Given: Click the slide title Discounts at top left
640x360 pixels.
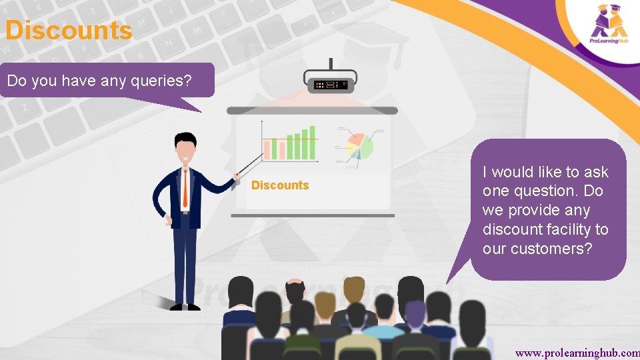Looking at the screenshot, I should point(69,31).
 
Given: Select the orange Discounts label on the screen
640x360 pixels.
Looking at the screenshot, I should point(280,185).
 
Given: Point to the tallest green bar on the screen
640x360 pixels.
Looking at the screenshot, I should point(313,142).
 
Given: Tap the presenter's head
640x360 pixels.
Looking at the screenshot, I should point(185,147).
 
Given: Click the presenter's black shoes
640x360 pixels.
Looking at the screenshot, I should point(185,306).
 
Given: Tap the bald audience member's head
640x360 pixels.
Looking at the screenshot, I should point(293,291).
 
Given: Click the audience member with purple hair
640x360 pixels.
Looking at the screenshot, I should point(415,313).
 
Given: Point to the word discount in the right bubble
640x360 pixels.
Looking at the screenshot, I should point(513,229).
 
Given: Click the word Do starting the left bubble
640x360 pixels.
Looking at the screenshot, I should point(16,81).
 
